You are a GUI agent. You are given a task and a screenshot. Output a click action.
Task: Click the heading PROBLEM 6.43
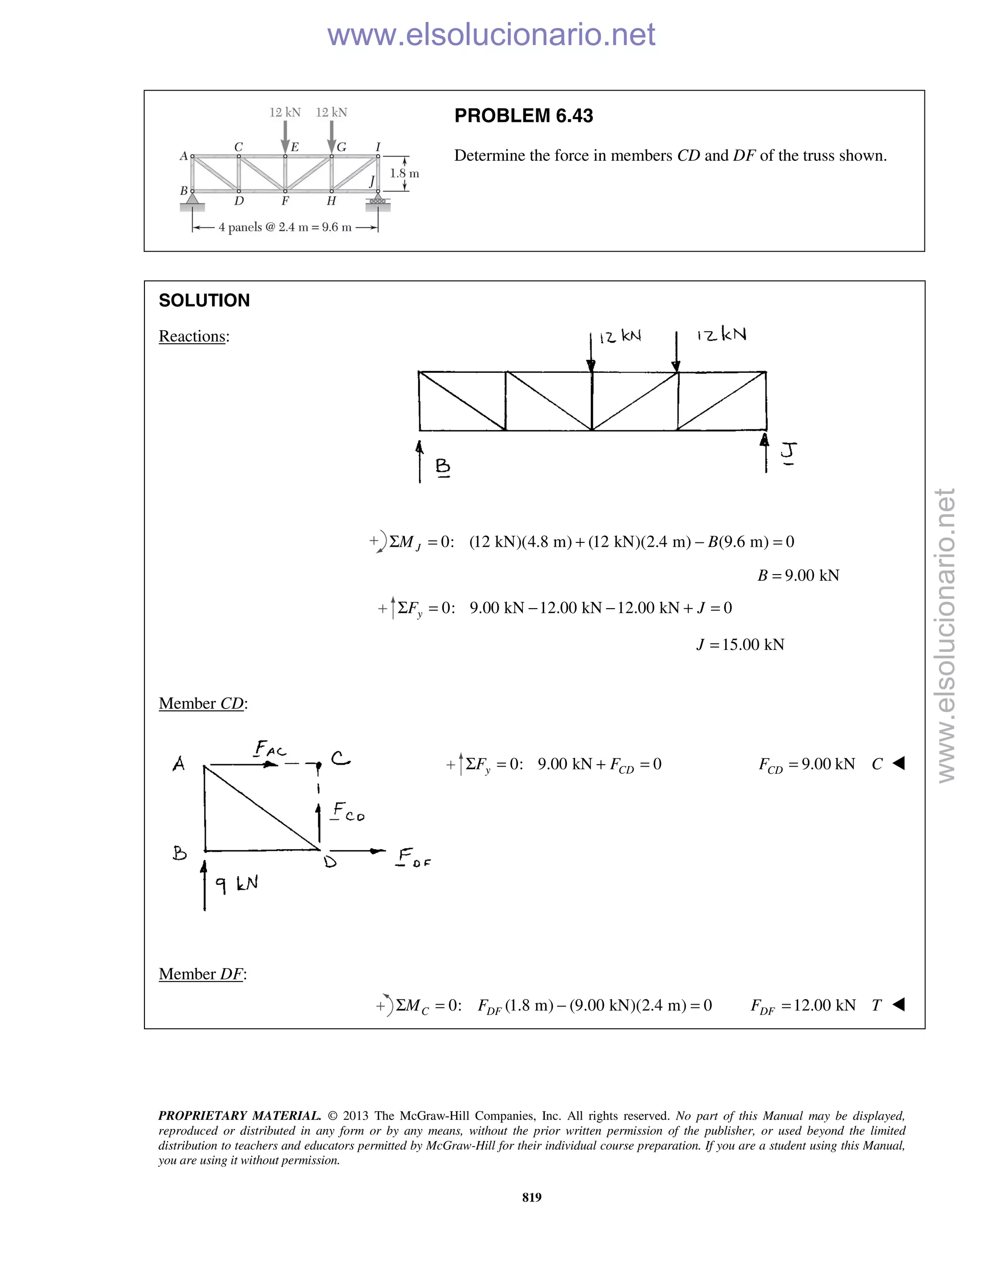(523, 116)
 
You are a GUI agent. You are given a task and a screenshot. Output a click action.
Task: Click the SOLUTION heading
(204, 300)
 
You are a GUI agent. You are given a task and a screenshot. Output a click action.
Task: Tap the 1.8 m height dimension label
(404, 174)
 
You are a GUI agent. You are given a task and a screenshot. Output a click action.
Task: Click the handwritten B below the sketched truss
(443, 467)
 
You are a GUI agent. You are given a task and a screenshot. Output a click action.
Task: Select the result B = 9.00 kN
(798, 576)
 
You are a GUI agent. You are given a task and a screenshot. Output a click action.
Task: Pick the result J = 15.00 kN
(740, 645)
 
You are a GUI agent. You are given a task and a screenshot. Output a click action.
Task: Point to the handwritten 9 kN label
(237, 884)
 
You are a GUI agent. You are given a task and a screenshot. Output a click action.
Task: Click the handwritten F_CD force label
(348, 811)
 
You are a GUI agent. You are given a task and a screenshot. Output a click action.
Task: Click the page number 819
(532, 1198)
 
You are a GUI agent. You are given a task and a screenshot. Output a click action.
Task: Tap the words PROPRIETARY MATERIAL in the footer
(240, 1116)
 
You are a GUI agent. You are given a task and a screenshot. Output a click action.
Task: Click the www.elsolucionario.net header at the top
(491, 35)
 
